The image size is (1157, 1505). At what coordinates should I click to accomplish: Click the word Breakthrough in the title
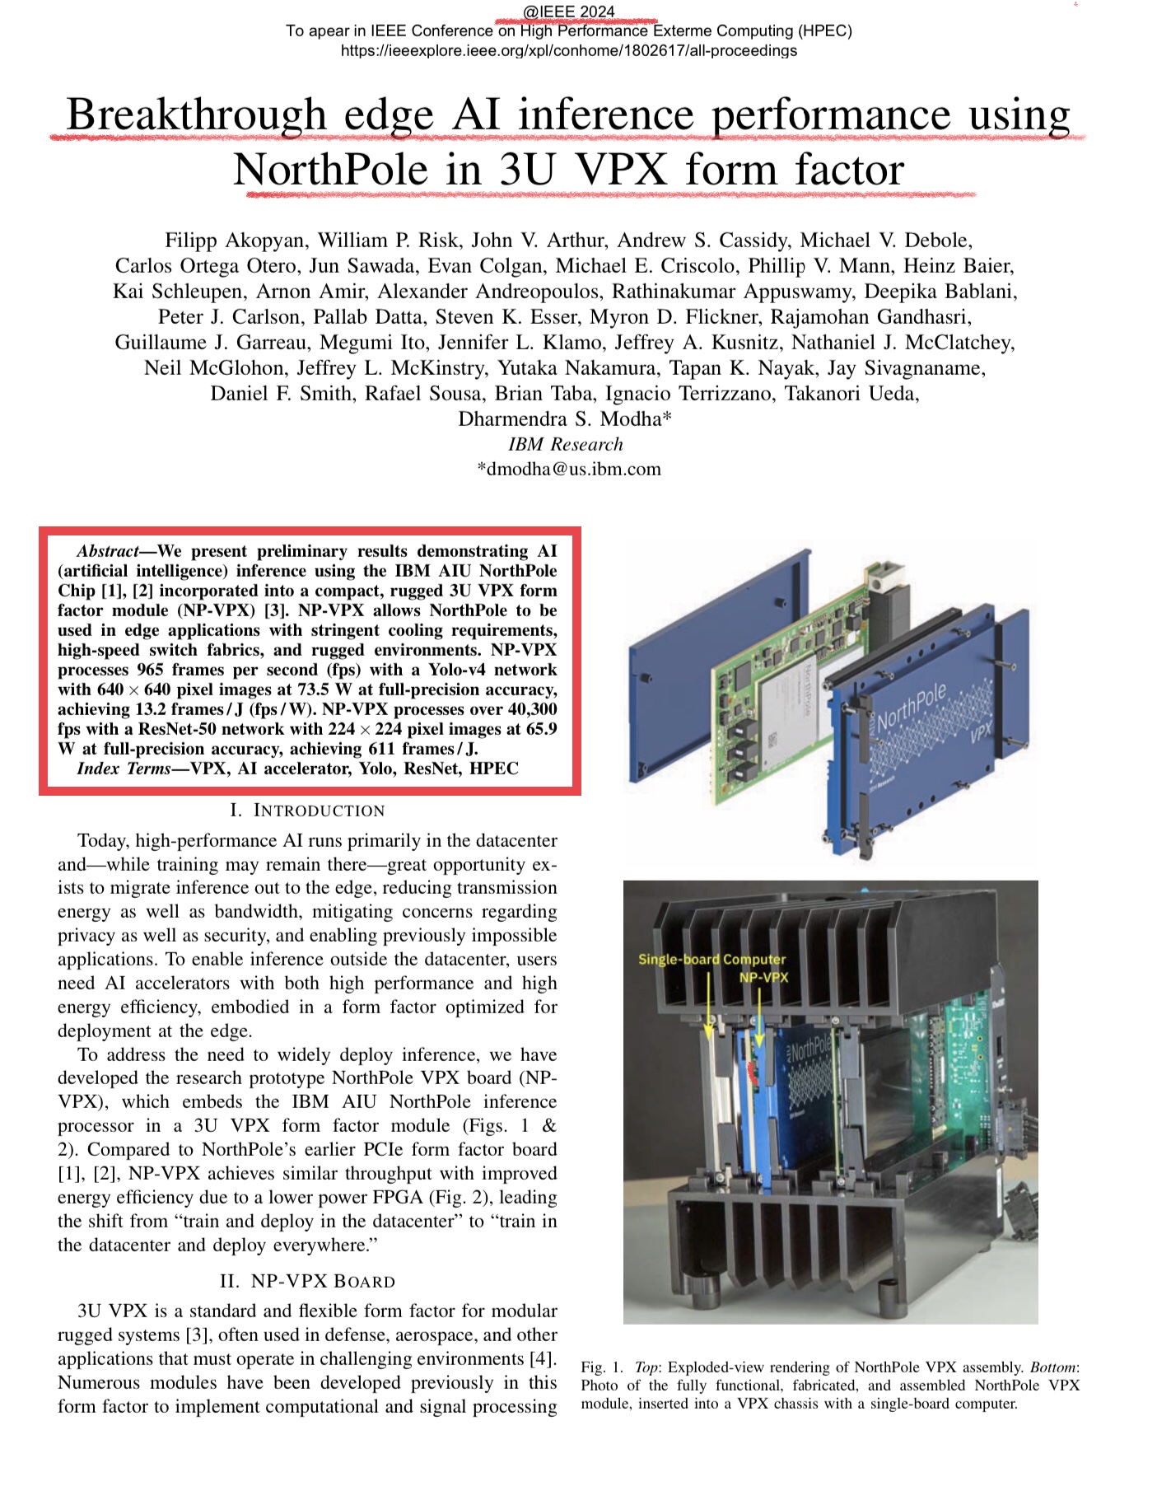(x=196, y=115)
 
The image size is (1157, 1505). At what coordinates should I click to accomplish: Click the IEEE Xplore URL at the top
(x=568, y=51)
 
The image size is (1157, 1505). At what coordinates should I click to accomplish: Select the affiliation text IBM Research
(x=566, y=445)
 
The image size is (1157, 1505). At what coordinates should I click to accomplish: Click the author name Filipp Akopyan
(x=236, y=241)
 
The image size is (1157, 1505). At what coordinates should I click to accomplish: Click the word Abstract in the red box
(x=108, y=551)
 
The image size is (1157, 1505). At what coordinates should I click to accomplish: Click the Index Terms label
(x=124, y=769)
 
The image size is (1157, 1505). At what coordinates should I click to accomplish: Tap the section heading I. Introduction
(x=307, y=811)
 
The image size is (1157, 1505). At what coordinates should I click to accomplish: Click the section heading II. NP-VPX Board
(x=307, y=1282)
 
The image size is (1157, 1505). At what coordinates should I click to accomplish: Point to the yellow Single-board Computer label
(x=711, y=959)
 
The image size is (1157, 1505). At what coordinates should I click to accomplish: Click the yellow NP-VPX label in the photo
(x=763, y=977)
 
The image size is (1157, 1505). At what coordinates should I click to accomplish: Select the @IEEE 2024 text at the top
(x=568, y=12)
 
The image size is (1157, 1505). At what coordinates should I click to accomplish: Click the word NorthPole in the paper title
(x=330, y=171)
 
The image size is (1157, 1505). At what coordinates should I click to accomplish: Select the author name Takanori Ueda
(x=851, y=394)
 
